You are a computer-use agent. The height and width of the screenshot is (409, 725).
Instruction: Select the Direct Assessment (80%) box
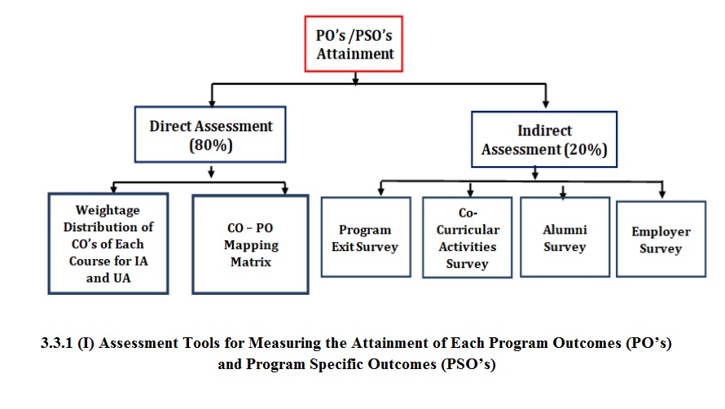(x=211, y=135)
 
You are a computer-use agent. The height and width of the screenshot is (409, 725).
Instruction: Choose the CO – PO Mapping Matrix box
(x=250, y=244)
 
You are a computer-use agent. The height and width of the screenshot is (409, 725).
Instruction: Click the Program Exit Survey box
(x=365, y=238)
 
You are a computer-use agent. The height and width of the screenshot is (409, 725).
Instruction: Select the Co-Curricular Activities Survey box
(x=468, y=238)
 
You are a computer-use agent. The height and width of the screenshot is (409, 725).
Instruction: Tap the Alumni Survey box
(x=565, y=238)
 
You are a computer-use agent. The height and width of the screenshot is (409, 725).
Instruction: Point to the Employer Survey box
(x=661, y=240)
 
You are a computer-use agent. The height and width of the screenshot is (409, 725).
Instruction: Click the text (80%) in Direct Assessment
(x=211, y=145)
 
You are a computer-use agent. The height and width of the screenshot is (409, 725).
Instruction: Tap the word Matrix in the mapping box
(x=251, y=263)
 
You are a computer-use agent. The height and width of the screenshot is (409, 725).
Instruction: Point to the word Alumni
(x=565, y=230)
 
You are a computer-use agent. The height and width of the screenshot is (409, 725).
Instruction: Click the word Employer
(x=661, y=231)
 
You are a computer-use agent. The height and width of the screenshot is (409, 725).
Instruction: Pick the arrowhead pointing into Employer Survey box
(x=661, y=195)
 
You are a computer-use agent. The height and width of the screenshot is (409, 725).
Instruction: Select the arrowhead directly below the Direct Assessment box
(x=212, y=172)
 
